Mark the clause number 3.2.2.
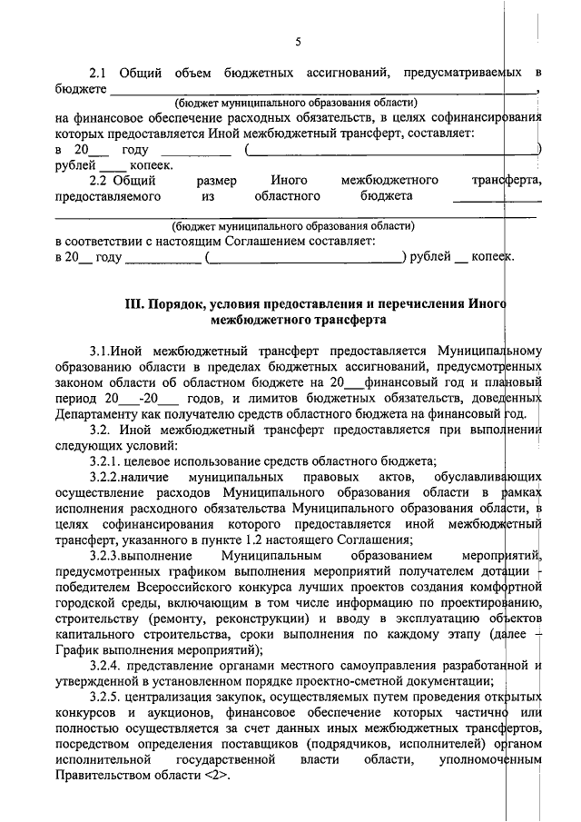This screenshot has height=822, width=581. (x=109, y=478)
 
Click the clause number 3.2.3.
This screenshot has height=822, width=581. (x=109, y=554)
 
